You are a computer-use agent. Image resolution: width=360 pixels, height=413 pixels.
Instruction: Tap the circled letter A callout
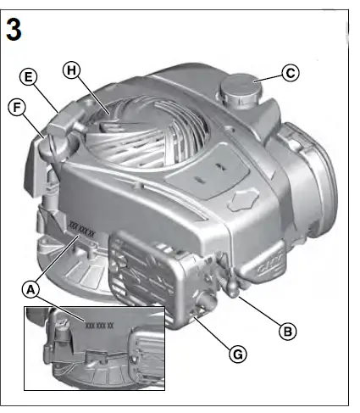coord(31,290)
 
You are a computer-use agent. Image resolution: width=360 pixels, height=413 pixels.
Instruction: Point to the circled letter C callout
coord(290,73)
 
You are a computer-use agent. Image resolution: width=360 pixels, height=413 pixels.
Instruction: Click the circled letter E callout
coord(29,77)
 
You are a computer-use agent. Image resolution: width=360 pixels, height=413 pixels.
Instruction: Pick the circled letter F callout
coord(16,106)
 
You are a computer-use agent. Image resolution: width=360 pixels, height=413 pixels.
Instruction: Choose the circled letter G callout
coord(239,354)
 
